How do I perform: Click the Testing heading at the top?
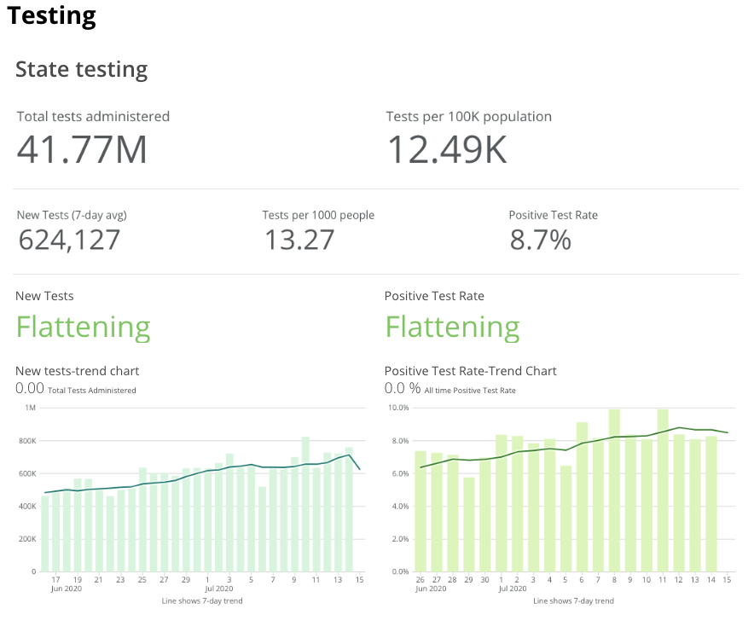51,15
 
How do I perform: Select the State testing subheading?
81,70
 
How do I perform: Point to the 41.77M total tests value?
82,149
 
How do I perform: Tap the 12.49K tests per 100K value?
447,149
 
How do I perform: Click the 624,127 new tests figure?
69,240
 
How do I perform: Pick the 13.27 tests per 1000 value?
299,240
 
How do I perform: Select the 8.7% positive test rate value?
540,240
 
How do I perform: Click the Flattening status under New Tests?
84,327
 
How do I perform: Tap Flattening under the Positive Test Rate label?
452,327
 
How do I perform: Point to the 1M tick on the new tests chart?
31,409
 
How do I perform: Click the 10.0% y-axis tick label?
398,409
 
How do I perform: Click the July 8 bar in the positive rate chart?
614,490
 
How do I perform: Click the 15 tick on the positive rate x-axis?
727,579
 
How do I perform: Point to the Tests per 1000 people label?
318,215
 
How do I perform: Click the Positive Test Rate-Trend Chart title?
471,371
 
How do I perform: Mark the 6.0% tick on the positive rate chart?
399,473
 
